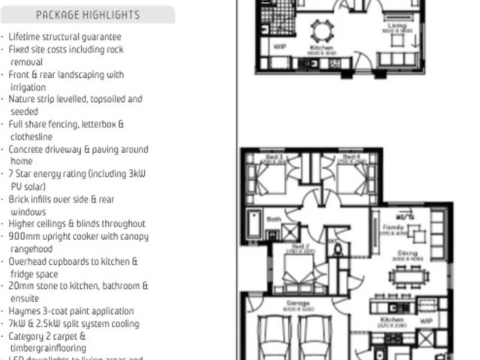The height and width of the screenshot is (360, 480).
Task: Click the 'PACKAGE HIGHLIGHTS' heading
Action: tap(87, 15)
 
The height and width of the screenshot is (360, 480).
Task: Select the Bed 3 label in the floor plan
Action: tap(273, 158)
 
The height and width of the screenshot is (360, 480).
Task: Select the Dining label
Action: tap(407, 254)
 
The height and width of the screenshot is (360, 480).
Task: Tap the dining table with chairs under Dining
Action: tap(409, 275)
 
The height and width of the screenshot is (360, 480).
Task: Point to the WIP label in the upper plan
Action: tap(280, 46)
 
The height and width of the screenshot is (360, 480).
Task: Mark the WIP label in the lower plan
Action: tap(427, 320)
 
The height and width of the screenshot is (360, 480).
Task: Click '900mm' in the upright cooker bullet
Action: tap(25, 236)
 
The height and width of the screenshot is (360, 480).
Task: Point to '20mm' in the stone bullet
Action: tap(22, 286)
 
